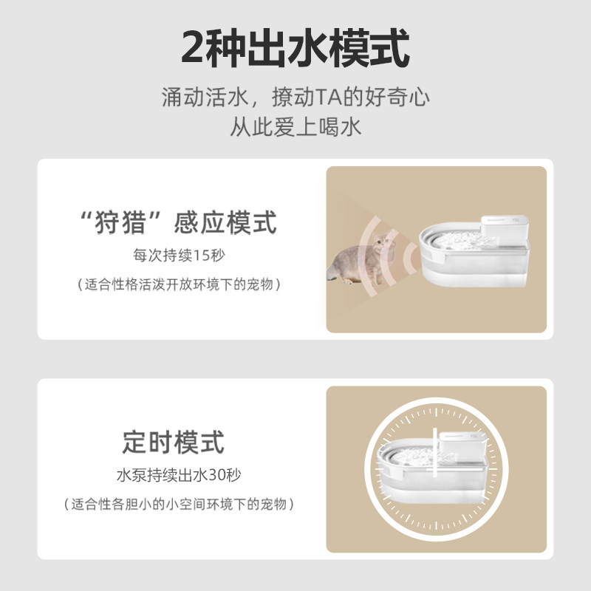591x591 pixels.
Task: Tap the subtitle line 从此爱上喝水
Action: coord(295,126)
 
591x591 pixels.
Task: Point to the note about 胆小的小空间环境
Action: coord(180,505)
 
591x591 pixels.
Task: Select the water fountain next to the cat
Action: coord(473,255)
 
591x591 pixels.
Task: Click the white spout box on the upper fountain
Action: coord(505,229)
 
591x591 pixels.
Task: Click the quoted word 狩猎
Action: coord(121,222)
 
